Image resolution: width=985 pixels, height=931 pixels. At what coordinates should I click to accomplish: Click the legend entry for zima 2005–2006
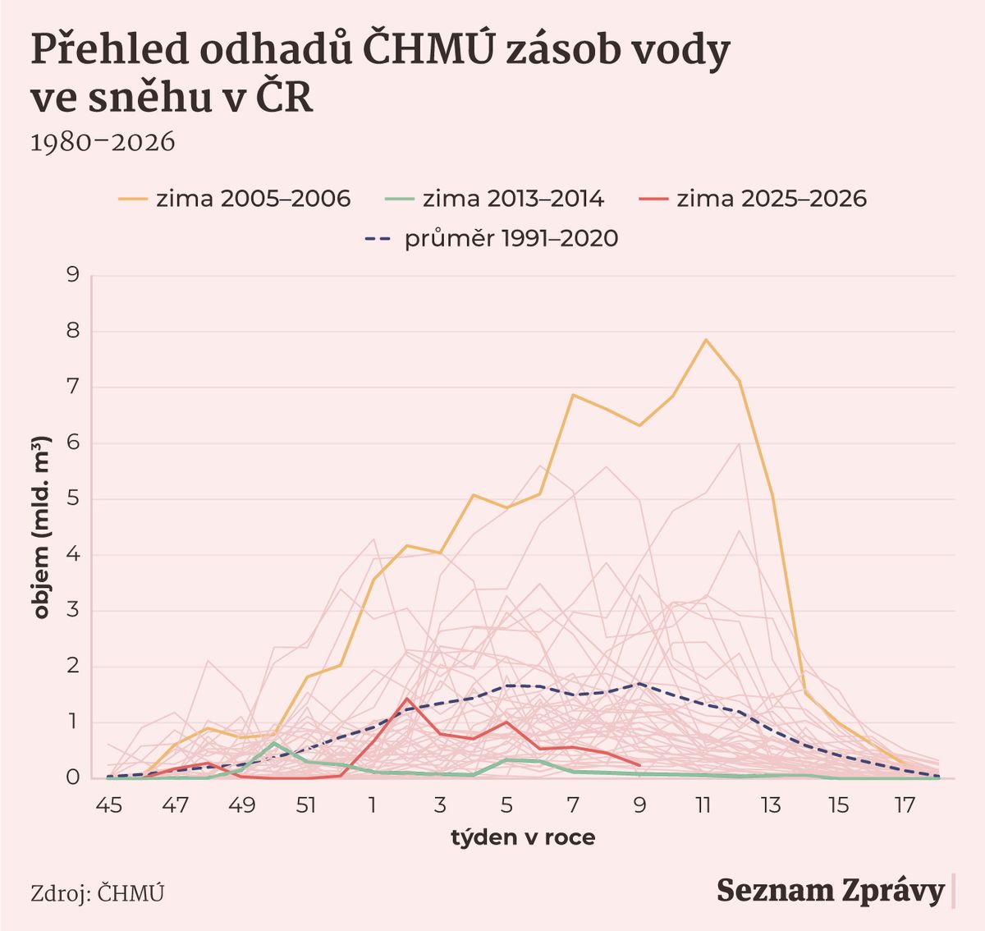pyautogui.click(x=235, y=199)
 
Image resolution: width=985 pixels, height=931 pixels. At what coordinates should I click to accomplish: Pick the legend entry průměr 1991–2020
pyautogui.click(x=491, y=239)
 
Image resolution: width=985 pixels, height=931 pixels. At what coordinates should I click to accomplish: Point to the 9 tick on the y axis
pyautogui.click(x=72, y=275)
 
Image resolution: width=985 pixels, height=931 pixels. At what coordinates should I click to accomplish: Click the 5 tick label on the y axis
pyautogui.click(x=72, y=499)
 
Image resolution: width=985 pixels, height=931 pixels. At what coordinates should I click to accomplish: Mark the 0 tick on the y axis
pyautogui.click(x=72, y=777)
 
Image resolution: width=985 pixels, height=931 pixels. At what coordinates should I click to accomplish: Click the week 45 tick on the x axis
pyautogui.click(x=108, y=806)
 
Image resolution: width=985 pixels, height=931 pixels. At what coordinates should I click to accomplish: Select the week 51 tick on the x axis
pyautogui.click(x=306, y=806)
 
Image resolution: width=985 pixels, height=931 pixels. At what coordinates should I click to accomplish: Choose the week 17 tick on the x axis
pyautogui.click(x=904, y=806)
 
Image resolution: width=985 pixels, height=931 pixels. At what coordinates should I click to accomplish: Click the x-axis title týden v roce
pyautogui.click(x=523, y=838)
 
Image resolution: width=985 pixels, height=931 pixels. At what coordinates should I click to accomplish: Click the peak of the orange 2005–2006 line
pyautogui.click(x=705, y=339)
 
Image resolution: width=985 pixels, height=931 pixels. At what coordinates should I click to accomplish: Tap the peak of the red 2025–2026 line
pyautogui.click(x=407, y=699)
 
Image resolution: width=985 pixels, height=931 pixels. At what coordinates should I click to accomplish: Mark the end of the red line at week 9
pyautogui.click(x=639, y=765)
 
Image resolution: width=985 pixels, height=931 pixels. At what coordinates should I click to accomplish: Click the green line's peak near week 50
pyautogui.click(x=275, y=743)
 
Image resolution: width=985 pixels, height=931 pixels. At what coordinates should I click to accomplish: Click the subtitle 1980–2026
pyautogui.click(x=103, y=142)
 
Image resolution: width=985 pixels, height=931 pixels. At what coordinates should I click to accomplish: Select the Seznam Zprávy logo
pyautogui.click(x=831, y=891)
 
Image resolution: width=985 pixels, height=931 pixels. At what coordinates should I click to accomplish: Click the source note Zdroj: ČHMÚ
pyautogui.click(x=97, y=893)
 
